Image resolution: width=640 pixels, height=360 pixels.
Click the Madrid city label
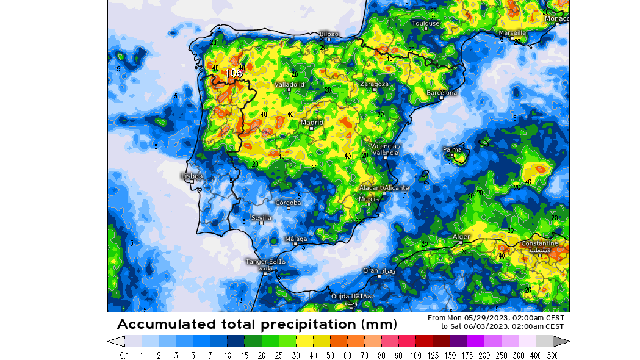coord(312,122)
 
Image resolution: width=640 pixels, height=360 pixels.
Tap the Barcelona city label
coord(442,93)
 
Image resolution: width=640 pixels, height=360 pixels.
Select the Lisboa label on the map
coord(192,176)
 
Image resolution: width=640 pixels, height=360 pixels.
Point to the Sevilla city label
coord(261,218)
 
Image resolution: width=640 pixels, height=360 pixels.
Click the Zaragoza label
coord(374,84)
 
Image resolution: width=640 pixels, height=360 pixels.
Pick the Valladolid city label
coord(289,84)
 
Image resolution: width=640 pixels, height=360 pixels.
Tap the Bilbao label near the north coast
coord(329,34)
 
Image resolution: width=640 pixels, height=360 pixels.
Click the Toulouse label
coord(425,23)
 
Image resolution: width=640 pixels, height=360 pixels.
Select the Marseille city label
coord(512,32)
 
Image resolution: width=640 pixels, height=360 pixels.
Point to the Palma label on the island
coord(452,149)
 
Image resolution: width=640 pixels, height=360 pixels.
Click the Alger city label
coord(461,236)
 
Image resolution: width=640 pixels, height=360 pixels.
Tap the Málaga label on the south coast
coord(297,239)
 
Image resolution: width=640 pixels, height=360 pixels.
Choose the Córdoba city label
coord(288,203)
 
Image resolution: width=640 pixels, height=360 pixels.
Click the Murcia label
coord(369,199)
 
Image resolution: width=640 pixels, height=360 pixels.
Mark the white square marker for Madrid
coord(311,129)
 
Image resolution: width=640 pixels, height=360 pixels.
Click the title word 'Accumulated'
coord(167,324)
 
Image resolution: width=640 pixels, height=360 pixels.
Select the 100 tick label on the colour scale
coord(415,355)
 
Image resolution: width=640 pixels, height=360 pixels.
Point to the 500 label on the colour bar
coord(553,355)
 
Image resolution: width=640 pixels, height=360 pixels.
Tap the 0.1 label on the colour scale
coord(124,355)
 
